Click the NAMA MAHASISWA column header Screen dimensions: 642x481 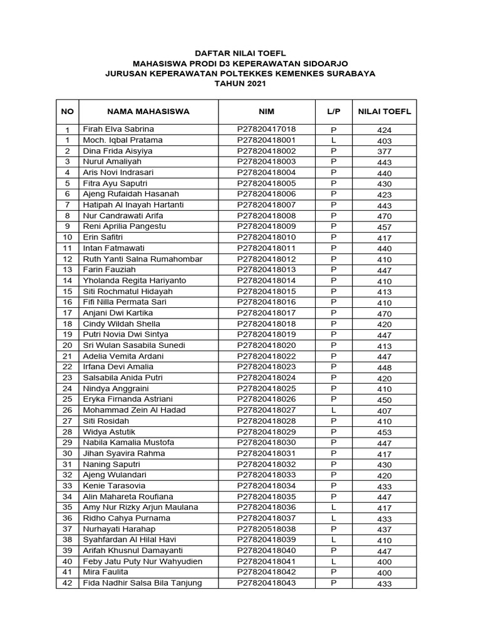(148, 112)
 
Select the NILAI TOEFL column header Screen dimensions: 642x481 (384, 112)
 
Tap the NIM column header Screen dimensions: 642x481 (266, 112)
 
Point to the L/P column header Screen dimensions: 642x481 (333, 112)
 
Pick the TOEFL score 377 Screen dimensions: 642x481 (384, 152)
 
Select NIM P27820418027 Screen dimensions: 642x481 (266, 410)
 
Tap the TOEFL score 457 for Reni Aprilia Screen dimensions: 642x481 (384, 227)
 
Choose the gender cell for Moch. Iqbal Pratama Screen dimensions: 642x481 (333, 140)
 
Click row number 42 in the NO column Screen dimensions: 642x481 (67, 583)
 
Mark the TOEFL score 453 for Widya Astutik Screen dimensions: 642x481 (384, 433)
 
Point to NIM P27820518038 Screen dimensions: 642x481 (266, 529)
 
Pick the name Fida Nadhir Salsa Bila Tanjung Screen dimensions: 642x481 (142, 583)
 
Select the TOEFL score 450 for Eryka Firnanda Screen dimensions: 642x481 (384, 400)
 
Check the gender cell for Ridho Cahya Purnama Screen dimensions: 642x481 (333, 518)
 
